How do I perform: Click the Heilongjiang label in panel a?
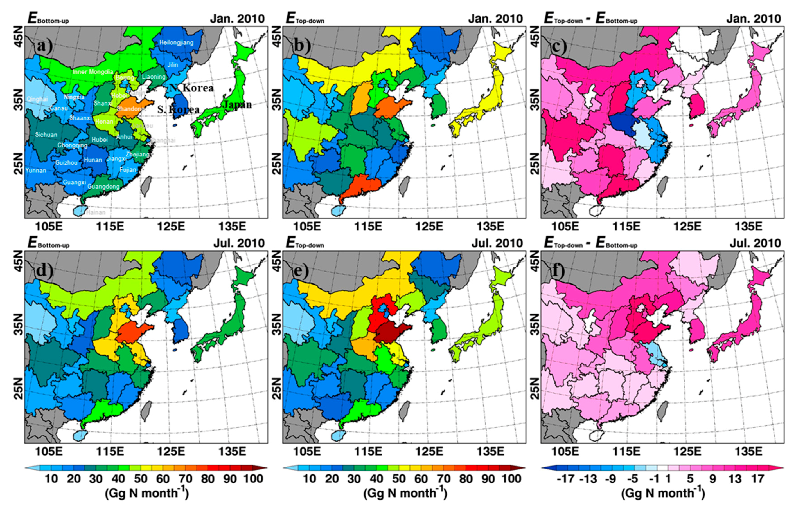tap(176, 42)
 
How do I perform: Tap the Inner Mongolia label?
tap(93, 72)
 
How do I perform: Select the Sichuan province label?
tap(46, 135)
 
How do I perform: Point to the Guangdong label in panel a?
tap(103, 186)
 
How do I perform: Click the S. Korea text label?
tap(178, 109)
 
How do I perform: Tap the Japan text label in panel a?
tap(237, 105)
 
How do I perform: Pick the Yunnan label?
tap(36, 171)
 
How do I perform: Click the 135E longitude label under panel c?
tap(748, 227)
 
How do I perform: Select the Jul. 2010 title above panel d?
tap(239, 243)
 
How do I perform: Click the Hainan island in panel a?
tap(80, 211)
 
